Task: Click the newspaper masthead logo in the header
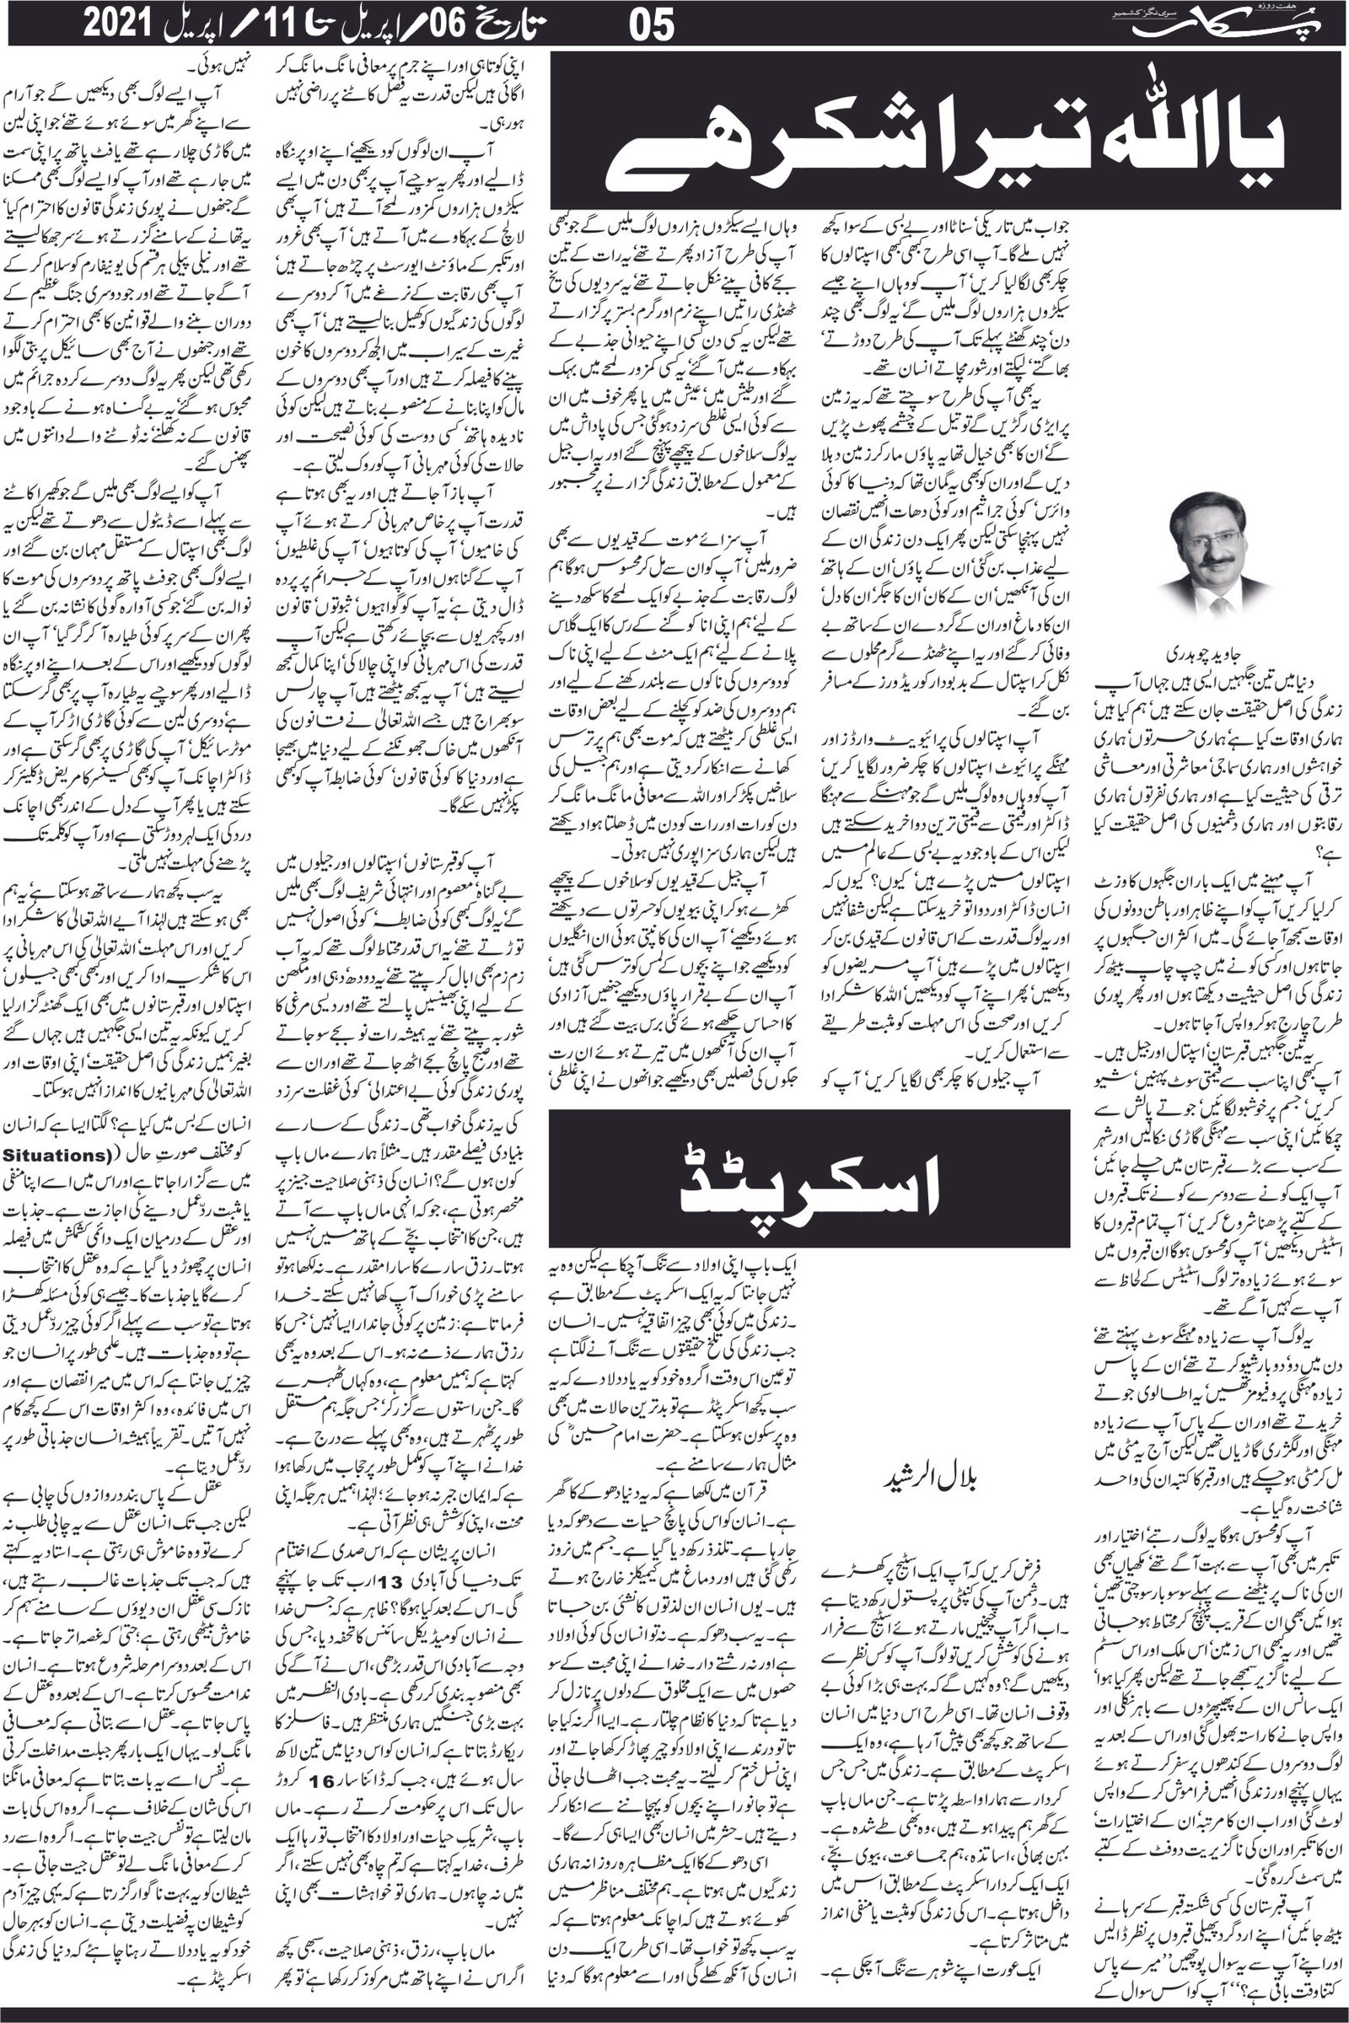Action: [1230, 24]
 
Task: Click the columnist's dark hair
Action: [1209, 512]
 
